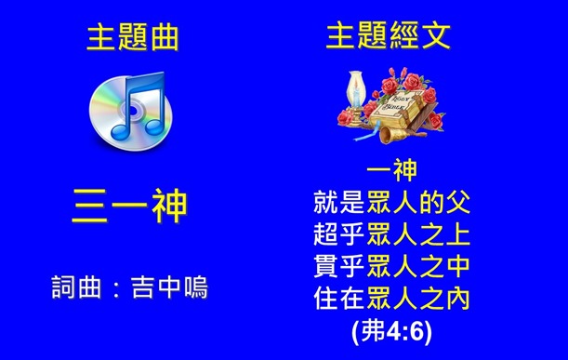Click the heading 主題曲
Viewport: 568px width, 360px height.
(x=131, y=38)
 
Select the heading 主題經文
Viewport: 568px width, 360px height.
(x=390, y=37)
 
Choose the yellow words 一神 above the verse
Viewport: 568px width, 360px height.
(x=390, y=173)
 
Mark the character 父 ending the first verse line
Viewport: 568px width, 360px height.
(x=455, y=200)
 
